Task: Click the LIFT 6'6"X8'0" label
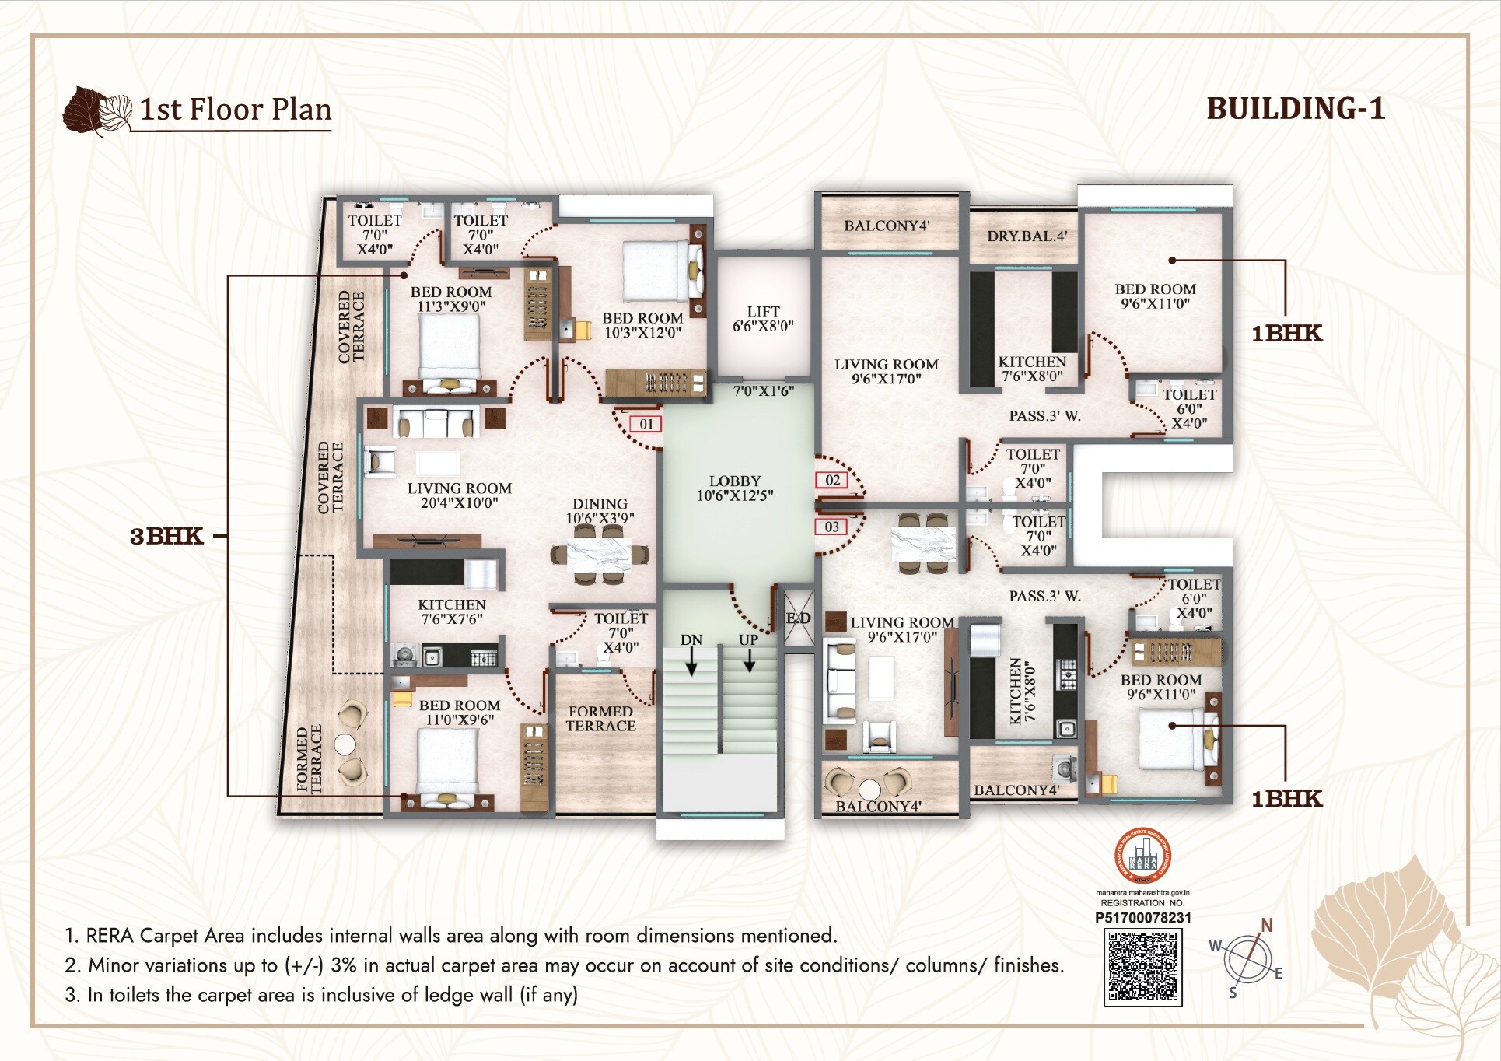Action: [763, 318]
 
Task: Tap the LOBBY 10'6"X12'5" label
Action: [734, 488]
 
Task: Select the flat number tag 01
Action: [646, 424]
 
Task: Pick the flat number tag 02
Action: [832, 480]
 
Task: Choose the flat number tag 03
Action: [831, 527]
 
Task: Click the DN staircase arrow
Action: [691, 662]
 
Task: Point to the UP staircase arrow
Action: [749, 660]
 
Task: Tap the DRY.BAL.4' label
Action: [1027, 236]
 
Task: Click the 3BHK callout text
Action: [166, 536]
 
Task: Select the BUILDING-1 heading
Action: [1296, 109]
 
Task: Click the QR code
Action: [1142, 967]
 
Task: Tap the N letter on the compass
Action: [1266, 925]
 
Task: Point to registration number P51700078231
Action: [1142, 918]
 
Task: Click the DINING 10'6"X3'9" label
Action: [600, 511]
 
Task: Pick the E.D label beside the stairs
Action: [798, 618]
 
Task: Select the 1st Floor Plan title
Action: [235, 110]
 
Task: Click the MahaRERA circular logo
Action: [1142, 856]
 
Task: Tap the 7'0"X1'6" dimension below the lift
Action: [763, 391]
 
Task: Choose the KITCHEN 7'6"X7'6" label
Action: [451, 611]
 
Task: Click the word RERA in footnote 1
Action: [110, 935]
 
